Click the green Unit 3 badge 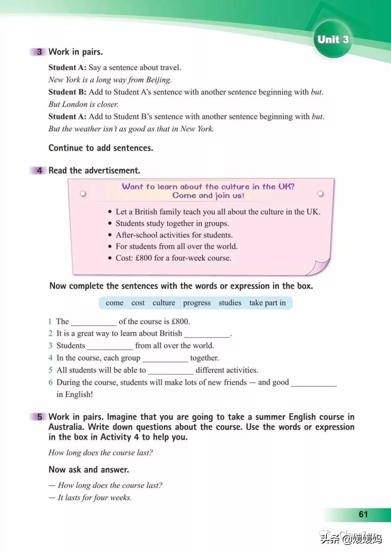pyautogui.click(x=333, y=40)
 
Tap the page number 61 pyautogui.click(x=363, y=514)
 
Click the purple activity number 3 pyautogui.click(x=39, y=52)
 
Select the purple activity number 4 pyautogui.click(x=39, y=170)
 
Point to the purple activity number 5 pyautogui.click(x=39, y=417)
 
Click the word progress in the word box pyautogui.click(x=197, y=303)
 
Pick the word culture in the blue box pyautogui.click(x=164, y=303)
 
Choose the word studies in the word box pyautogui.click(x=230, y=303)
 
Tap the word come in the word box pyautogui.click(x=114, y=303)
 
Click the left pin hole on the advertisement pyautogui.click(x=83, y=193)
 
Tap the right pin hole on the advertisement pyautogui.click(x=320, y=193)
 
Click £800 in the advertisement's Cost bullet pyautogui.click(x=143, y=258)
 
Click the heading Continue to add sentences pyautogui.click(x=101, y=148)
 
